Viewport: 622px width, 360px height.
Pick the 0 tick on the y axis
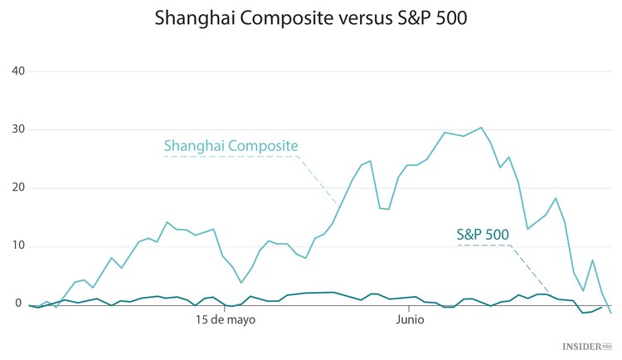pos(18,304)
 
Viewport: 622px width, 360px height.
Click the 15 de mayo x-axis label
pos(225,319)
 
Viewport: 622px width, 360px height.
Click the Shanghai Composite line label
pos(231,146)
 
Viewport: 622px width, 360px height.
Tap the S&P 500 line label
pos(484,235)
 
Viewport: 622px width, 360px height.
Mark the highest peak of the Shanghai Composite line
pos(481,128)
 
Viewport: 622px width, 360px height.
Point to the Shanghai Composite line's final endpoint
pos(611,313)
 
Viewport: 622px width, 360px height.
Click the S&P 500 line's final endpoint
pos(601,307)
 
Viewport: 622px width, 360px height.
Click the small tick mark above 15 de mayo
pos(225,307)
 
